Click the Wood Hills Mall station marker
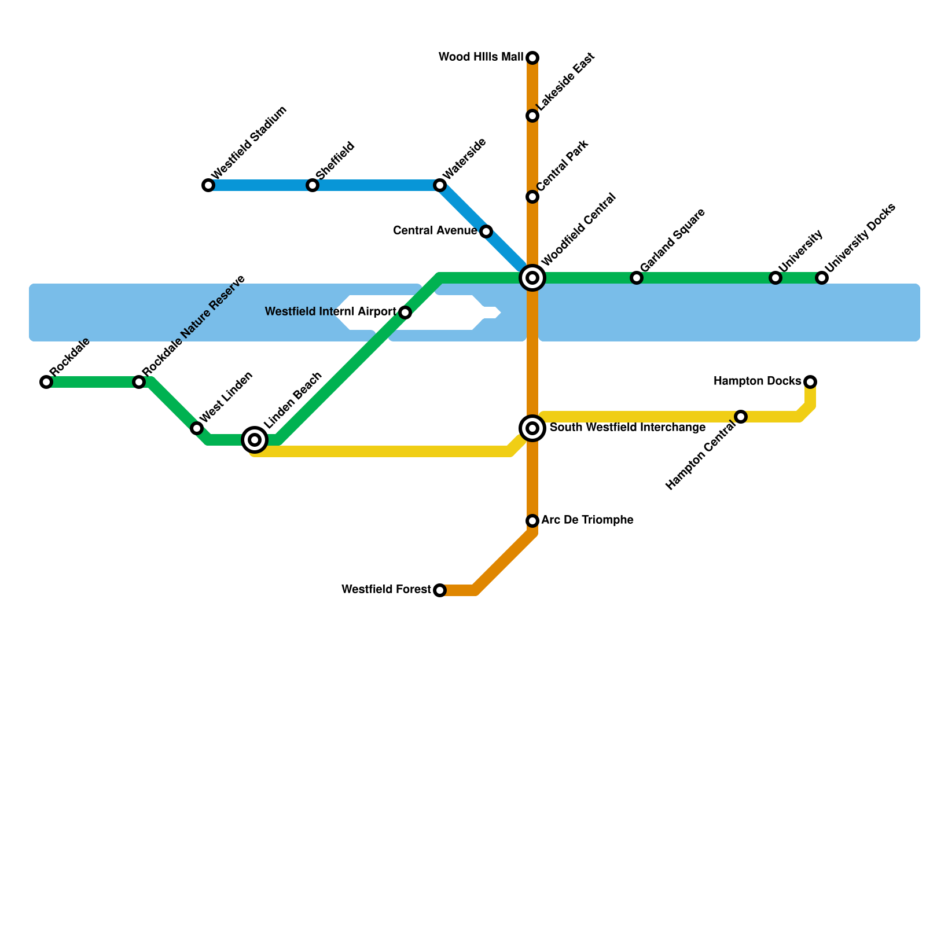pyautogui.click(x=532, y=58)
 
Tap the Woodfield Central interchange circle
pyautogui.click(x=532, y=278)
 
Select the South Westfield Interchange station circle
pyautogui.click(x=532, y=428)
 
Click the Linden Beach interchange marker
pyautogui.click(x=255, y=440)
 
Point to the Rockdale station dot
pyautogui.click(x=46, y=382)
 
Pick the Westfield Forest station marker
pyautogui.click(x=440, y=590)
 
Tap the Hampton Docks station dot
pyautogui.click(x=810, y=382)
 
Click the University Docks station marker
pyautogui.click(x=822, y=278)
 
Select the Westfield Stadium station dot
pyautogui.click(x=208, y=185)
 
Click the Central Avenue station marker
pyautogui.click(x=486, y=231)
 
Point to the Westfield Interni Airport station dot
pyautogui.click(x=405, y=313)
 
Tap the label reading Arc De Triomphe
pyautogui.click(x=587, y=520)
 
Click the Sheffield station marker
pyautogui.click(x=313, y=185)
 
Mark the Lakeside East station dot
pyautogui.click(x=532, y=116)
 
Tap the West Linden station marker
pyautogui.click(x=197, y=428)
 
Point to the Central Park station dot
pyautogui.click(x=532, y=197)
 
